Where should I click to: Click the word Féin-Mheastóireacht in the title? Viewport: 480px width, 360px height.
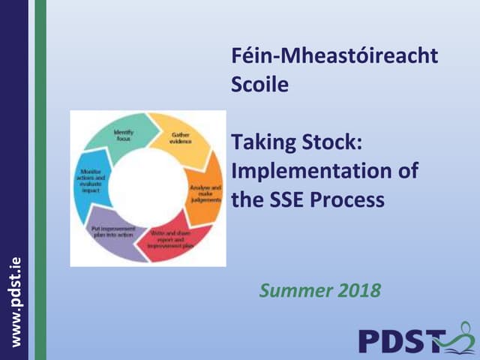[334, 58]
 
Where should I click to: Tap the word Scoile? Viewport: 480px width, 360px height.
[260, 85]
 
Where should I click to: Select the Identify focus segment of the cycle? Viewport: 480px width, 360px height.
[122, 135]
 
